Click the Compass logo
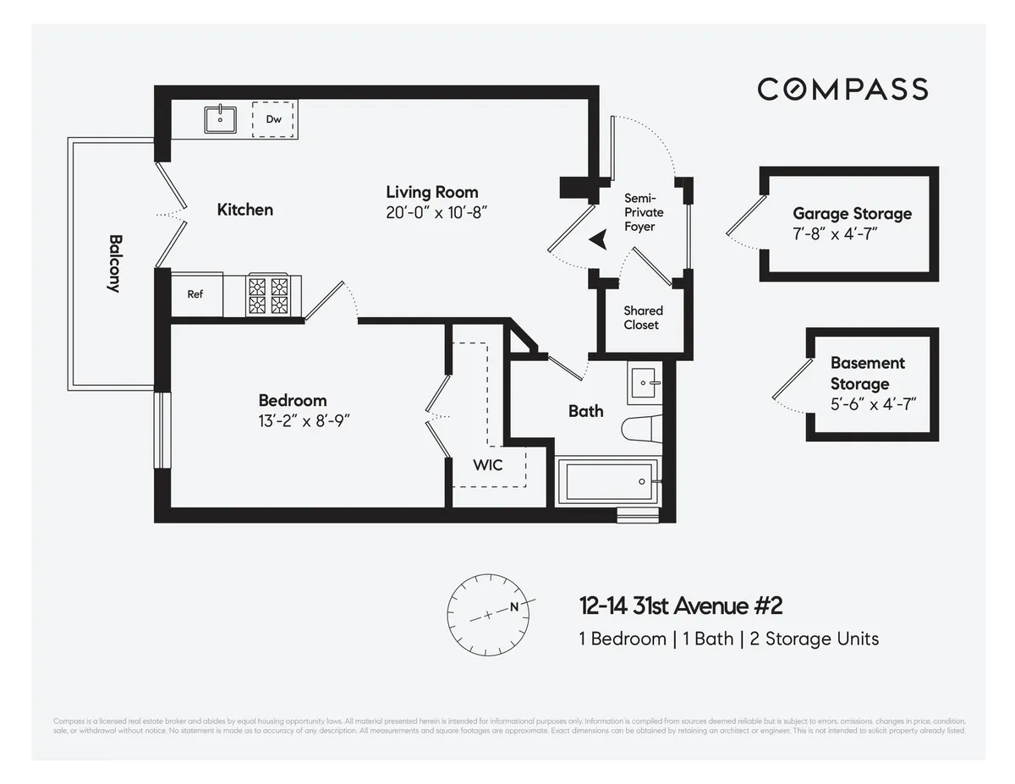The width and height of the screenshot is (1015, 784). coord(842,89)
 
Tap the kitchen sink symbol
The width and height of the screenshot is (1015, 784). coord(221,119)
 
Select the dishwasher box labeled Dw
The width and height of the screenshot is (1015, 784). coord(274,119)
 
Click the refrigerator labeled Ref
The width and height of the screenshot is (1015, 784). coord(195,294)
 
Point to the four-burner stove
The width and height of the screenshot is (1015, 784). coord(268,295)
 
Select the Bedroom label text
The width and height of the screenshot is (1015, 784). coord(292,400)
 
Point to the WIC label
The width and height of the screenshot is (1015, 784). coord(487,464)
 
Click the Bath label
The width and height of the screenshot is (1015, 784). coord(585,411)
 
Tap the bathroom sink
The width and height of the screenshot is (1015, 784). coord(647,386)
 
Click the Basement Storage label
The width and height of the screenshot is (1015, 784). coord(867,373)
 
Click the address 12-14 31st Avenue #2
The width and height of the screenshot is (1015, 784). coord(681,606)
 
